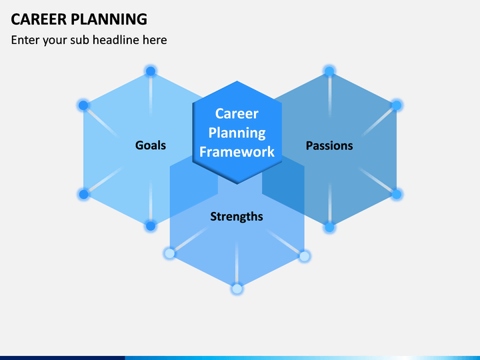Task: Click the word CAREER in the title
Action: point(39,19)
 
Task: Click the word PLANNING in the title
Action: point(109,19)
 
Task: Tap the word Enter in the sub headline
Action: point(25,40)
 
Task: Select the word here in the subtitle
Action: point(155,40)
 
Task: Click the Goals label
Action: point(151,145)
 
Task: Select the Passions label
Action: point(329,145)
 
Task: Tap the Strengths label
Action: point(237,217)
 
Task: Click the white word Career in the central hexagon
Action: point(237,113)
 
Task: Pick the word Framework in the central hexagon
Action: point(237,152)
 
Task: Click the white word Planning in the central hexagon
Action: point(237,133)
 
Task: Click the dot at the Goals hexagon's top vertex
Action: point(151,71)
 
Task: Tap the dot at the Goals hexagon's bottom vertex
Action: point(151,226)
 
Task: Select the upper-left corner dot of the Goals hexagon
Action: point(83,105)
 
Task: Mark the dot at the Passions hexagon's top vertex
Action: point(329,71)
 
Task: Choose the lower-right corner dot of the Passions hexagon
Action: point(397,194)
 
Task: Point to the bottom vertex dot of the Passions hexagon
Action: point(329,227)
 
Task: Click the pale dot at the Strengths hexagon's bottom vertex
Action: point(237,289)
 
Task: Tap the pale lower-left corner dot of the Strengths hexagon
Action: point(169,253)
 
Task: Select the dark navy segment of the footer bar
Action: point(63,358)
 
